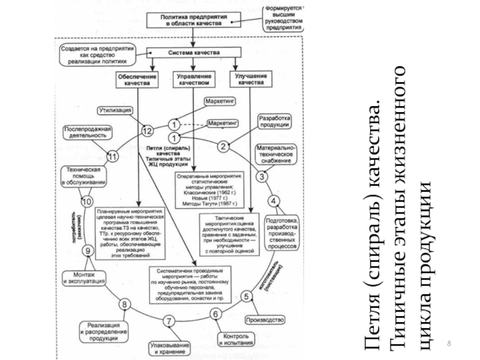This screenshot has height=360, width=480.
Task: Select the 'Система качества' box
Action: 193,52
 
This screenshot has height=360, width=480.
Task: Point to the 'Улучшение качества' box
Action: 248,80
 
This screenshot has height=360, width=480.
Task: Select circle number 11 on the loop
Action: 112,156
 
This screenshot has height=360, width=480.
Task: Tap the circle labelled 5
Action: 246,296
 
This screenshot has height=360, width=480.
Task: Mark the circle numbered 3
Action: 263,176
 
